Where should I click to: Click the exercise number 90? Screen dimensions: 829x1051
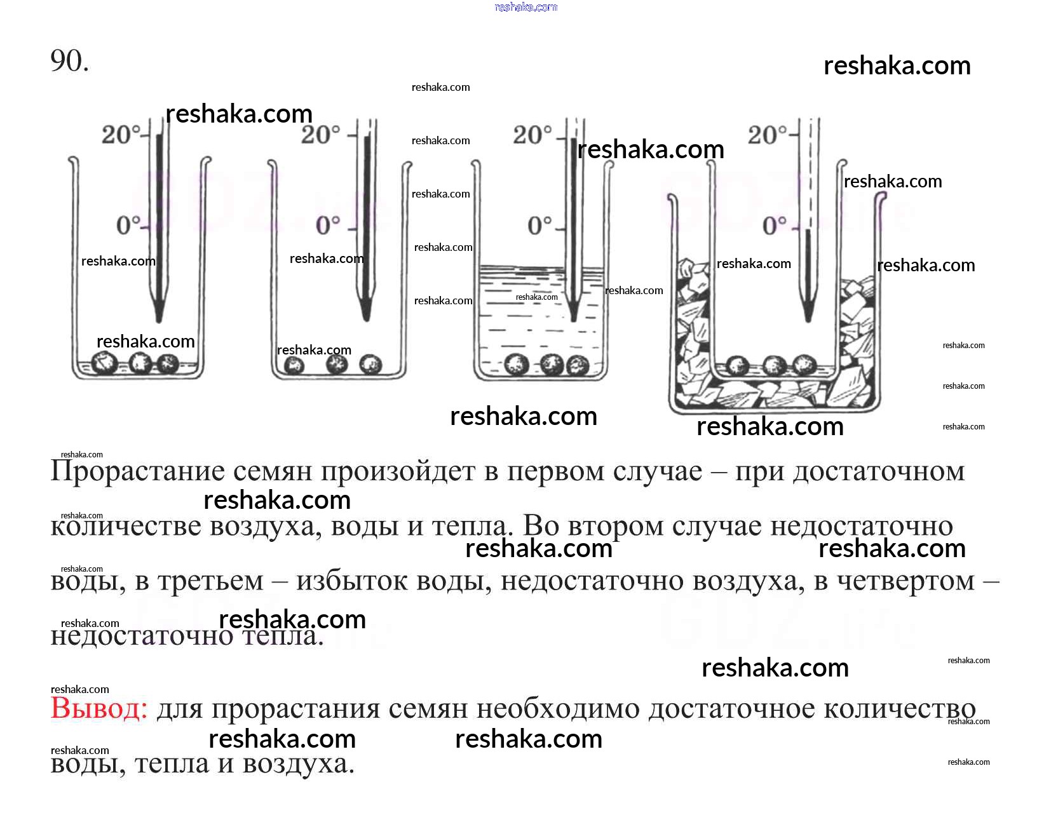click(x=69, y=62)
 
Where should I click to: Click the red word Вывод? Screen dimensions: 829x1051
click(x=98, y=708)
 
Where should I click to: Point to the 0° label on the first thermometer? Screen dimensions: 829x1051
click(x=128, y=225)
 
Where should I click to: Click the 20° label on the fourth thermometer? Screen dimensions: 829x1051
click(x=767, y=135)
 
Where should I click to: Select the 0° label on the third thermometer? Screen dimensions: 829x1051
click(x=540, y=225)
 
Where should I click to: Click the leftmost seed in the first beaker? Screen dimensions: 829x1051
click(x=104, y=363)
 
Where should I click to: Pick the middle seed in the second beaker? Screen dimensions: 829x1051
click(x=336, y=365)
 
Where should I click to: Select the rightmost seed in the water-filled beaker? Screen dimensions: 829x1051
click(x=577, y=365)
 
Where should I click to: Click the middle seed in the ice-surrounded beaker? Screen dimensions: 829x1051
click(x=774, y=365)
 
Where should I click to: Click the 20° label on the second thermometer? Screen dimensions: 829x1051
click(x=321, y=135)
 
